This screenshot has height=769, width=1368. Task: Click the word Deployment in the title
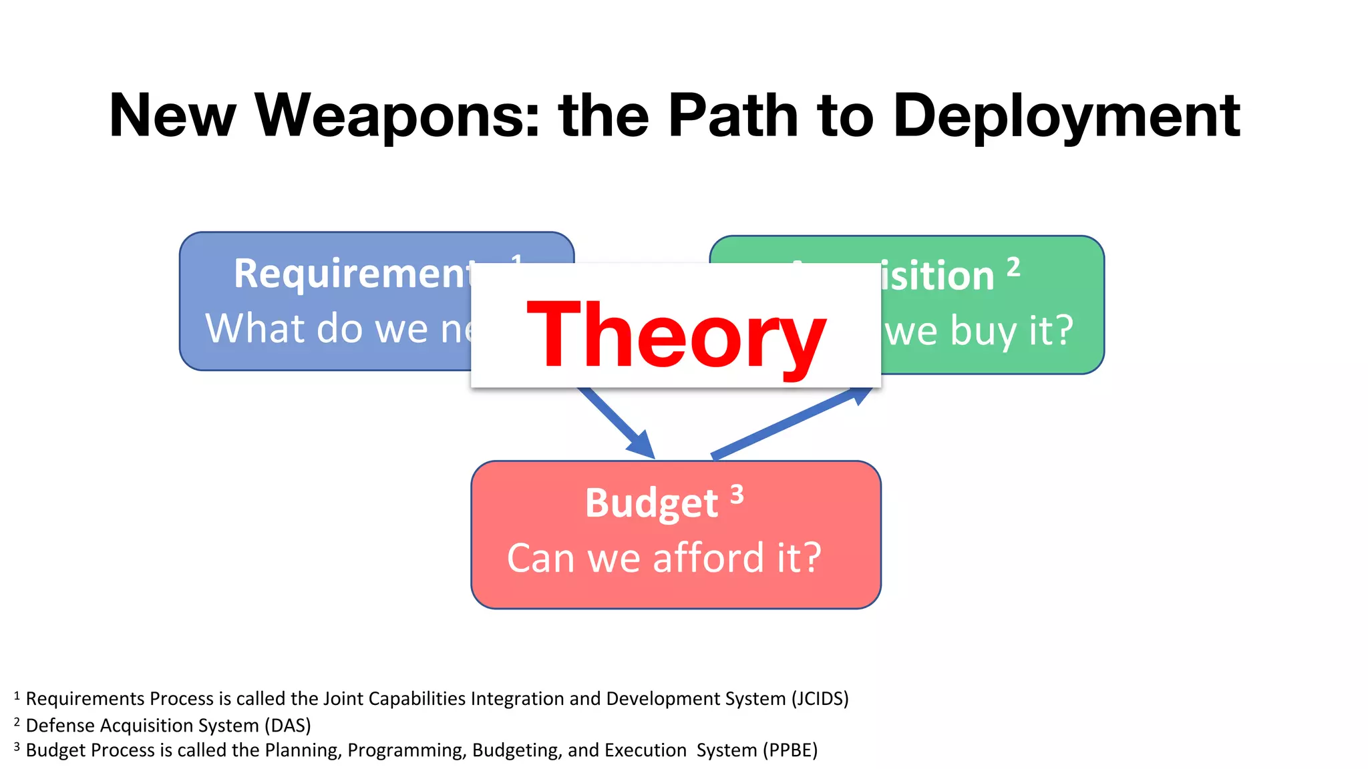point(1066,117)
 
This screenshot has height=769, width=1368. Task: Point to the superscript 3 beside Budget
point(737,495)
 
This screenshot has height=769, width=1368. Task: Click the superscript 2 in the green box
point(1013,266)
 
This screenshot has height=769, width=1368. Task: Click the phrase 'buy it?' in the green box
point(1011,330)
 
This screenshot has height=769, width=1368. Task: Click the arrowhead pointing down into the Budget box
point(643,446)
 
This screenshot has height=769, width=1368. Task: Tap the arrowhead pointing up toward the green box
point(860,395)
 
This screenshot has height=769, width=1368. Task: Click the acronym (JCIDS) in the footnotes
point(820,698)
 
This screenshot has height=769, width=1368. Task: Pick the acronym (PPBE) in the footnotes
point(790,750)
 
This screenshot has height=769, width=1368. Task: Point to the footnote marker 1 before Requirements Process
point(17,696)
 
